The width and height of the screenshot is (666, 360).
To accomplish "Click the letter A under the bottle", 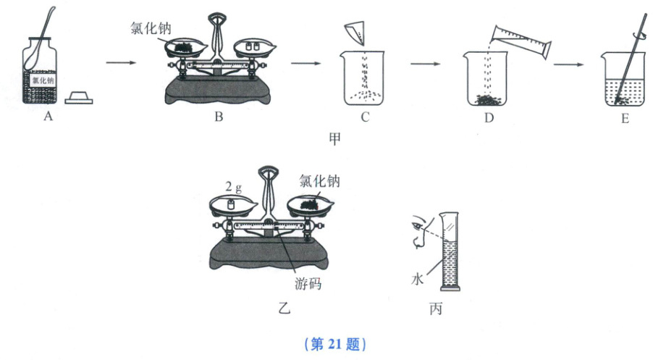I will (48, 120).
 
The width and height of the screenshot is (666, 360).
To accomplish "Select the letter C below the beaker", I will (365, 120).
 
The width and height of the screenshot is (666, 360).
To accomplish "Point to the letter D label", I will (488, 120).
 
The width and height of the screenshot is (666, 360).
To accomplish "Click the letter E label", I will (624, 120).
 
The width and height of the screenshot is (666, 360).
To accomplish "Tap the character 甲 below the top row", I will (335, 138).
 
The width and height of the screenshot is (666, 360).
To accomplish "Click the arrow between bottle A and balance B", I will (121, 64).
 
